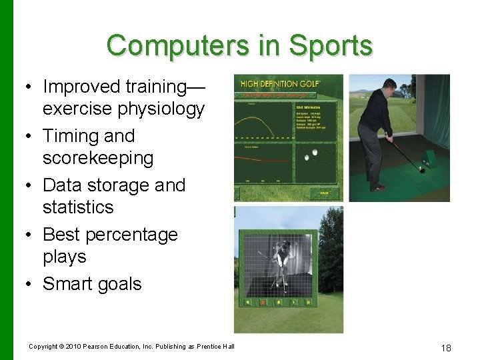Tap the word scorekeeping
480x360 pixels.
click(98, 158)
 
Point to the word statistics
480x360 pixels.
click(78, 207)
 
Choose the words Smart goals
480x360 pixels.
click(92, 284)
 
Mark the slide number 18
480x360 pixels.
click(446, 347)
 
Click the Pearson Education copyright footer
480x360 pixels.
click(131, 346)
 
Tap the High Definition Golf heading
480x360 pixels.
click(281, 83)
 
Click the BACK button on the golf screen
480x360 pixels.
click(324, 193)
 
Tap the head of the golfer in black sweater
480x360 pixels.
click(391, 87)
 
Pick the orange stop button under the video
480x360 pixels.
click(263, 302)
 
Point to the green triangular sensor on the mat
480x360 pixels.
click(428, 159)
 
